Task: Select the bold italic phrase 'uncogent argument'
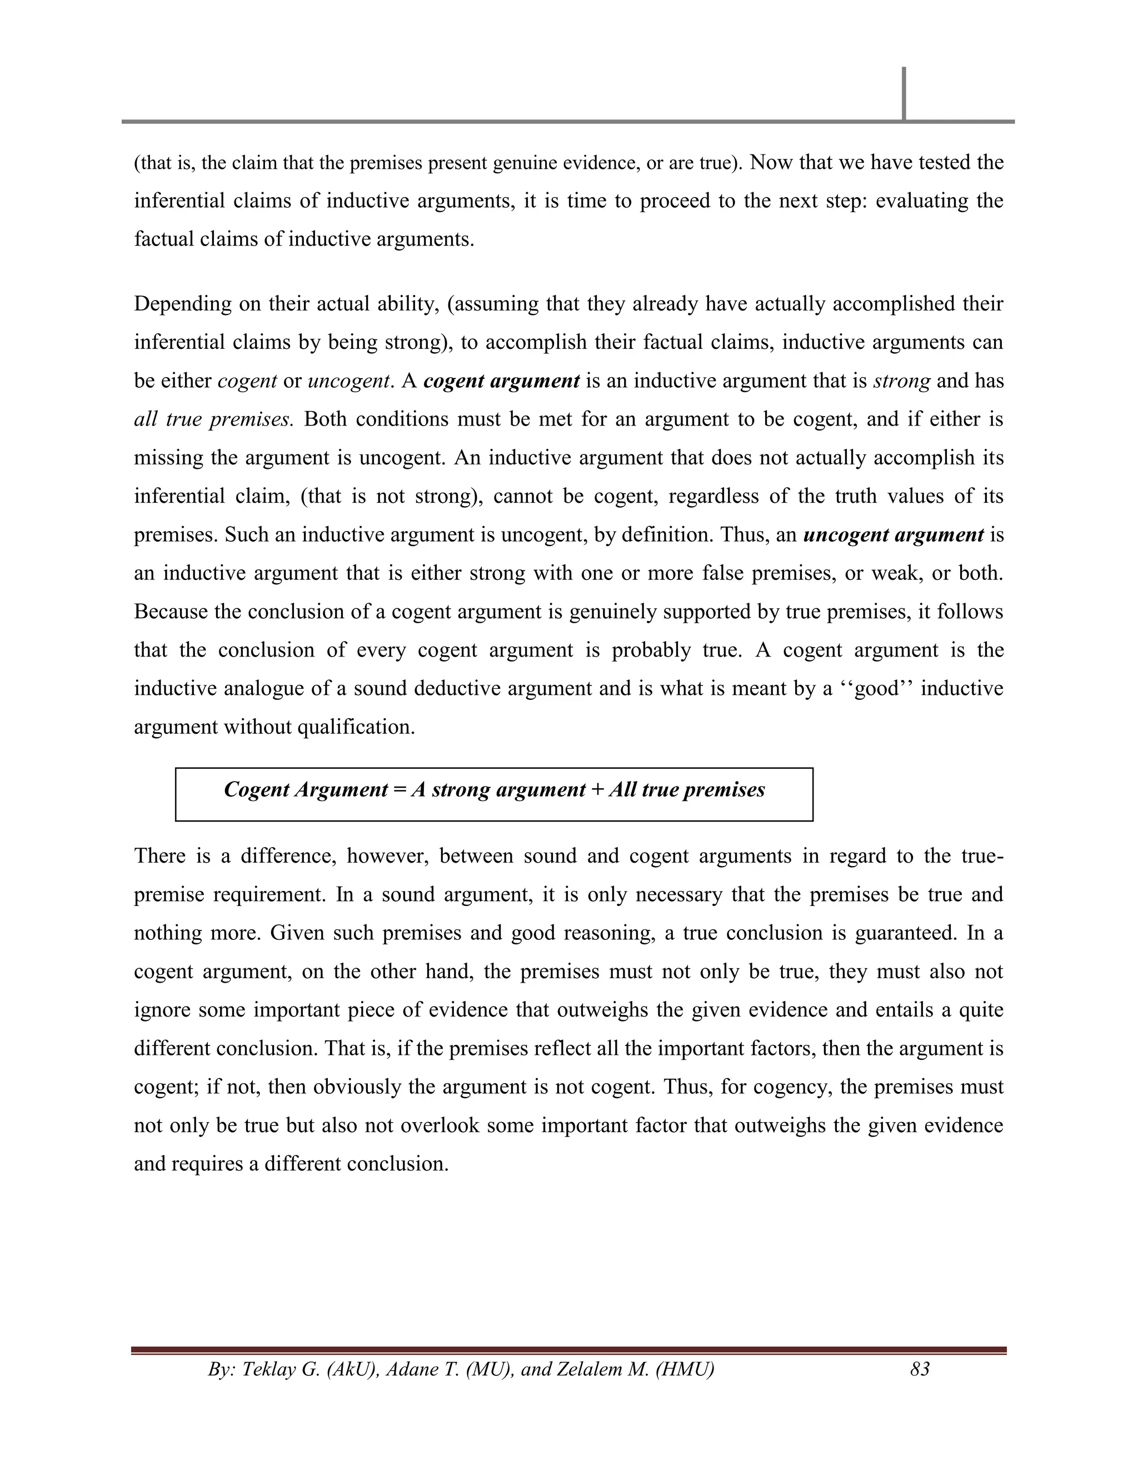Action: click(x=894, y=535)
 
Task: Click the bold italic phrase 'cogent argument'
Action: click(x=502, y=382)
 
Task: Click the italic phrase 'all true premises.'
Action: click(x=213, y=420)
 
